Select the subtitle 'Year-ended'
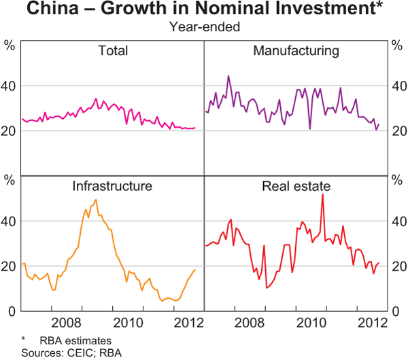(x=204, y=27)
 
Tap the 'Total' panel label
(x=113, y=51)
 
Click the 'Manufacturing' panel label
(x=296, y=51)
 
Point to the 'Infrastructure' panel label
(x=113, y=185)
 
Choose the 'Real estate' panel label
(x=296, y=185)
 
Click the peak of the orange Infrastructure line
(x=96, y=200)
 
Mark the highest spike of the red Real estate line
(x=322, y=195)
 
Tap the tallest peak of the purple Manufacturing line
(x=228, y=76)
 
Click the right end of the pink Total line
(x=194, y=128)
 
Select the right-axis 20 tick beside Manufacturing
(x=398, y=130)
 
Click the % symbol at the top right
(x=398, y=46)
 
